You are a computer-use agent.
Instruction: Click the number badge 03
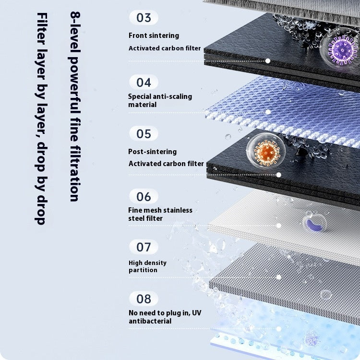tap(144, 17)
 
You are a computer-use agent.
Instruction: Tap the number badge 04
tap(144, 82)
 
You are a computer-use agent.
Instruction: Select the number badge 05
tap(144, 133)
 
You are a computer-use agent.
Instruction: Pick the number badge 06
tap(144, 196)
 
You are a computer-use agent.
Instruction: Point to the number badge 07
tap(144, 247)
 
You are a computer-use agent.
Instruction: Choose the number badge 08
tap(144, 299)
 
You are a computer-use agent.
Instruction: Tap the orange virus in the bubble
tap(266, 152)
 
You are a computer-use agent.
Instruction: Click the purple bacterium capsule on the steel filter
tap(315, 225)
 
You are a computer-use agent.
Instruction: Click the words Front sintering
tap(154, 36)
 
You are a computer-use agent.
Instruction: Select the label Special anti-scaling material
tap(160, 100)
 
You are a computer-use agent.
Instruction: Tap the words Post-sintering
tap(153, 152)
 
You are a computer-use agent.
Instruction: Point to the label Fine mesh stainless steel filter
tap(160, 214)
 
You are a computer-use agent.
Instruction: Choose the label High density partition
tap(148, 266)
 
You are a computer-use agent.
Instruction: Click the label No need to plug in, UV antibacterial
tap(165, 317)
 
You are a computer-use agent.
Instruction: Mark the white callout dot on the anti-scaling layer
tap(268, 112)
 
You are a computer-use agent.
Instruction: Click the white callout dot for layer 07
tap(279, 277)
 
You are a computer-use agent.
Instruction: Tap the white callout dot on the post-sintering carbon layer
tap(279, 175)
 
